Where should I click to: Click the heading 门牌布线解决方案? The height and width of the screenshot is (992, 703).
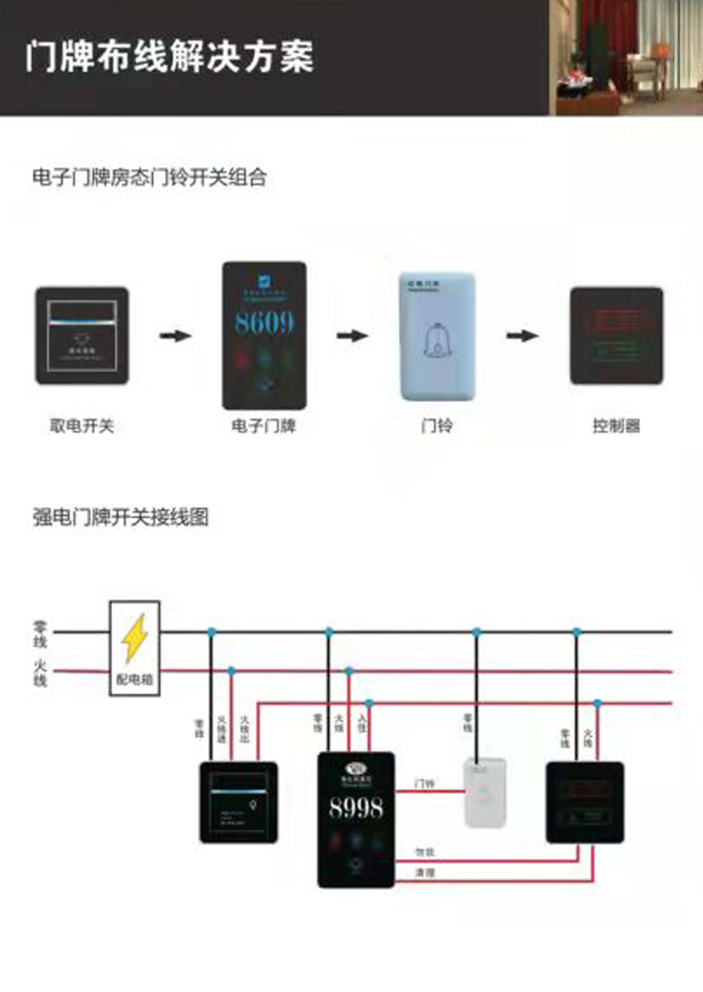pyautogui.click(x=170, y=57)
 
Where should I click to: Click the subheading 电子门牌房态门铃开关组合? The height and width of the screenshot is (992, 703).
pyautogui.click(x=149, y=177)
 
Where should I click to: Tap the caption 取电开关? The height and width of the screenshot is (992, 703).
pyautogui.click(x=82, y=427)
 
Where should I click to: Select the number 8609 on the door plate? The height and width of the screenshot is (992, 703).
pyautogui.click(x=264, y=323)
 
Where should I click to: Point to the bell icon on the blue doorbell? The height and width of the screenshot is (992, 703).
pyautogui.click(x=436, y=340)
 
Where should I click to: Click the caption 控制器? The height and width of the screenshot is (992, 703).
pyautogui.click(x=616, y=427)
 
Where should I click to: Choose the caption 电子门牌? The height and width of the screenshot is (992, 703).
pyautogui.click(x=264, y=427)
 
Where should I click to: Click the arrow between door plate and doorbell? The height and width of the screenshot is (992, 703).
pyautogui.click(x=352, y=336)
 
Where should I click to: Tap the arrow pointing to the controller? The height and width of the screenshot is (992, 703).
pyautogui.click(x=523, y=336)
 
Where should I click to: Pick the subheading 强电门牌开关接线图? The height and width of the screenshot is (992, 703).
pyautogui.click(x=120, y=518)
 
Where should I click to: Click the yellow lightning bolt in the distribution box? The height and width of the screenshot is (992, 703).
pyautogui.click(x=134, y=638)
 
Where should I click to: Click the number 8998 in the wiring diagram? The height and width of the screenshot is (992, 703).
pyautogui.click(x=356, y=808)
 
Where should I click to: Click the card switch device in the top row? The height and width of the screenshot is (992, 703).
pyautogui.click(x=82, y=336)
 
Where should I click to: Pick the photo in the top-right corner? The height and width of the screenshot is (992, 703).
pyautogui.click(x=626, y=57)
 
